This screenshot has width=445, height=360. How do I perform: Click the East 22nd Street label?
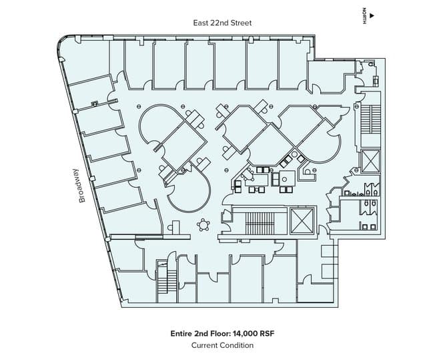[221, 23]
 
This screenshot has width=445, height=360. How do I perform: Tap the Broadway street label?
[83, 185]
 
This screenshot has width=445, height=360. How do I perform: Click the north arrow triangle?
[372, 15]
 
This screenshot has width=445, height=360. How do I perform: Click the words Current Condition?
[222, 345]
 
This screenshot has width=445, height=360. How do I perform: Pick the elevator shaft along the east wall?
[370, 161]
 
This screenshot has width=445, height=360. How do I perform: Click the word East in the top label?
[199, 23]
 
